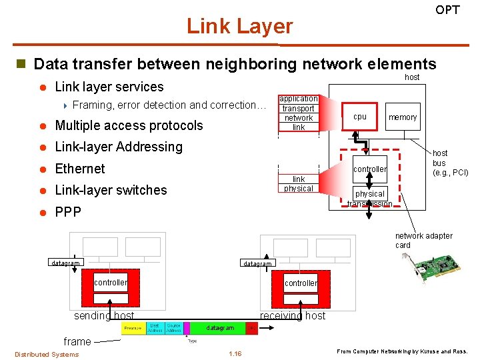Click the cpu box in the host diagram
coord(360,117)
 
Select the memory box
coord(403,117)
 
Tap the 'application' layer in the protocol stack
coord(298,99)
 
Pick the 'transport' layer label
coord(298,108)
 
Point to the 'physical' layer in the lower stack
coord(298,189)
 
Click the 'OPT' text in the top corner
coord(447,10)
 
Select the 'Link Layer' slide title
coord(239,26)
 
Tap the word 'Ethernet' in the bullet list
coord(80,169)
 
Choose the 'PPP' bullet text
coord(68,212)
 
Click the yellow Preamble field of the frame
coord(133,328)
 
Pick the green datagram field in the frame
coord(219,328)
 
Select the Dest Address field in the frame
coord(154,328)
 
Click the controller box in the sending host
coord(111,283)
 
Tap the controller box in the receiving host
coord(301,283)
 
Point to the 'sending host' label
coord(104,315)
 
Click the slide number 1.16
coord(235,353)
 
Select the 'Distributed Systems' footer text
coord(47,354)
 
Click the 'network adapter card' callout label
coord(423,240)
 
